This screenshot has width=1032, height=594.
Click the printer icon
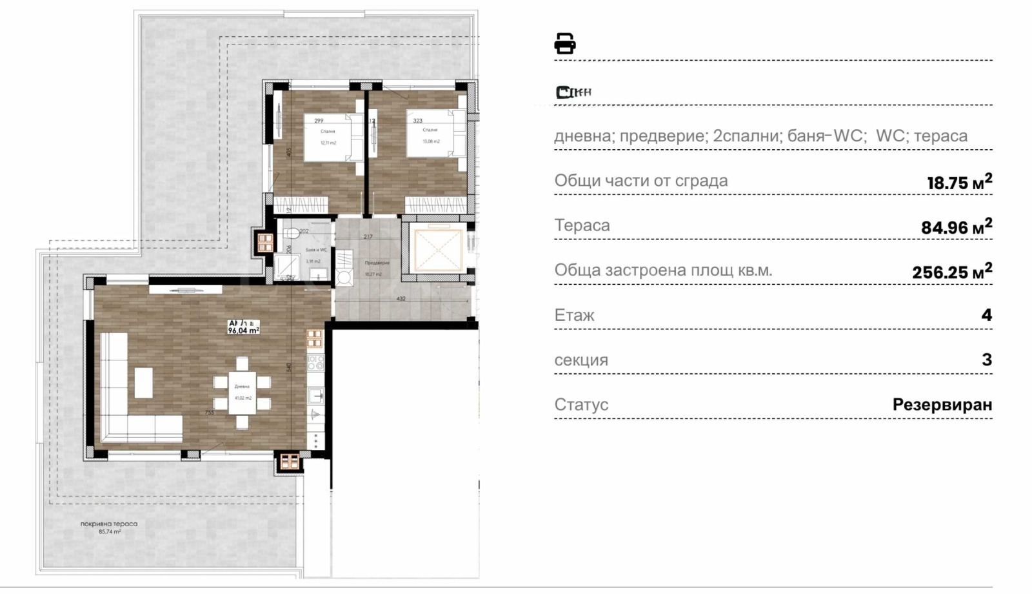(564, 43)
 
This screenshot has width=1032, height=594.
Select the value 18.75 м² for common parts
(959, 181)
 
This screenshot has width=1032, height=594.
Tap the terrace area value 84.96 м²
(956, 226)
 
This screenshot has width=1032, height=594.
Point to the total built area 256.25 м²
(951, 271)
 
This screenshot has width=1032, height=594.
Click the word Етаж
(574, 315)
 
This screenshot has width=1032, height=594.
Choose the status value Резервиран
(942, 405)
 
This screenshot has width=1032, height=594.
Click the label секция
(581, 360)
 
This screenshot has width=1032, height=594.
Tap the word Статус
(581, 405)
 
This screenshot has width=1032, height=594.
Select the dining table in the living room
(242, 392)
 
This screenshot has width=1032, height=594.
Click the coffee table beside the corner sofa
(143, 382)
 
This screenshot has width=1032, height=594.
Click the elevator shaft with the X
(438, 251)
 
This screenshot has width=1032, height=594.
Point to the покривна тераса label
(109, 524)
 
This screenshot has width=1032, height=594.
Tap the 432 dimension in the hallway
(401, 299)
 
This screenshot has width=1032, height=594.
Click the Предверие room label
(377, 263)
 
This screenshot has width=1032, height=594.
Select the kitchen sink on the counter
(315, 395)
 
